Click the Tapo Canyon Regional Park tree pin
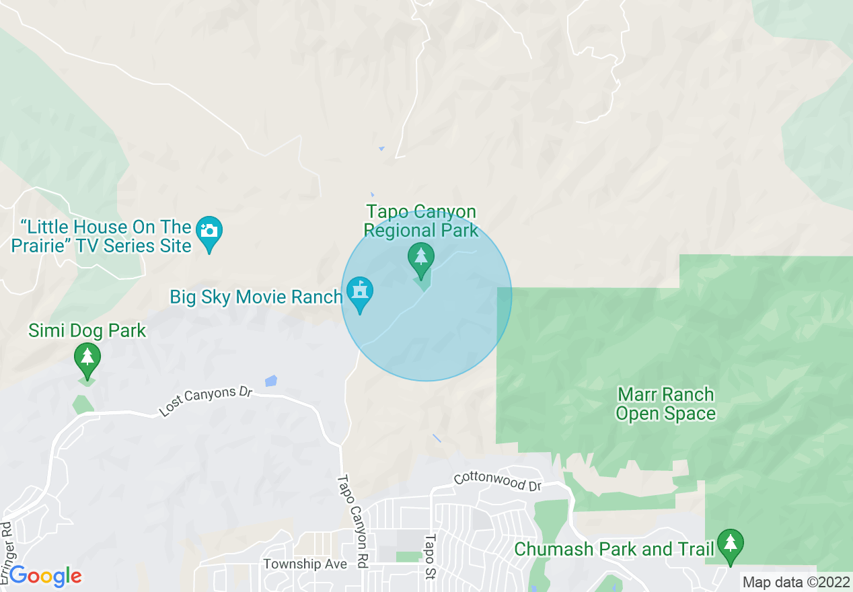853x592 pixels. click(421, 258)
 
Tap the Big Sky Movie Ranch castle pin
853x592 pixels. click(360, 293)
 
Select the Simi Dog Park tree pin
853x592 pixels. click(87, 357)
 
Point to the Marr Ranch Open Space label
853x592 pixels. click(665, 404)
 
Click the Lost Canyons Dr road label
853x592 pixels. click(205, 401)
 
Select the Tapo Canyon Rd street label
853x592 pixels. click(353, 521)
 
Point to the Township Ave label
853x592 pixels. click(305, 564)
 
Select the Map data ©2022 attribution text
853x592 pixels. click(795, 582)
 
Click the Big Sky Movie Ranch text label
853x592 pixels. click(256, 297)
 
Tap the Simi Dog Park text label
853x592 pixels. click(87, 330)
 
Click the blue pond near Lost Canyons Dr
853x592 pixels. click(270, 381)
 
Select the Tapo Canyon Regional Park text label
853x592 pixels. click(421, 221)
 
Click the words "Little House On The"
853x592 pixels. click(106, 227)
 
